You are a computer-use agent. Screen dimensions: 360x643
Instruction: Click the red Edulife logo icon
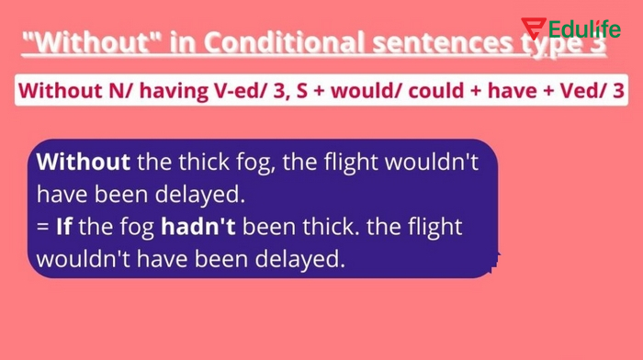[x=533, y=28]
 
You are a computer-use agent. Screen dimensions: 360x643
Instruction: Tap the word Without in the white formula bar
[x=54, y=92]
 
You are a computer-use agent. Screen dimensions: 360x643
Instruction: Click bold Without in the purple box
[x=84, y=163]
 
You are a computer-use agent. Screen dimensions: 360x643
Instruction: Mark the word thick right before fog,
[x=197, y=163]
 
